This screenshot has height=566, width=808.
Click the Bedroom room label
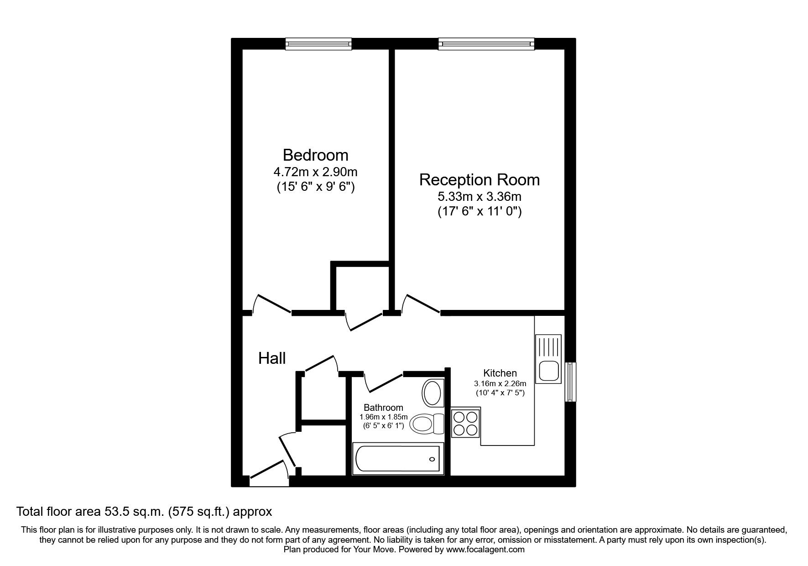[315, 155]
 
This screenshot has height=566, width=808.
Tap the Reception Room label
[479, 180]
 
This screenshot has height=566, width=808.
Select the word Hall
[272, 358]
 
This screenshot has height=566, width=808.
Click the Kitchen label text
[500, 373]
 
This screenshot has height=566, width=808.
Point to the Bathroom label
[383, 408]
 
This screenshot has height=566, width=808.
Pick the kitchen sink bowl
[548, 370]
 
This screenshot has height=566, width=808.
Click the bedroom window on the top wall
[319, 44]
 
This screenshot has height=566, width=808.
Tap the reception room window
[486, 44]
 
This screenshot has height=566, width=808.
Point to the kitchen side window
[570, 382]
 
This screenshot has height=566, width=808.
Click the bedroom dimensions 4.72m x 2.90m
[315, 172]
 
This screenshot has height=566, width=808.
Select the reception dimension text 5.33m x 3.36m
[479, 197]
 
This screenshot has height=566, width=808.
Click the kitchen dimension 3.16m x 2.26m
[500, 383]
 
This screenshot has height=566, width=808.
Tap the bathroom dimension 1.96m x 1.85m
[383, 417]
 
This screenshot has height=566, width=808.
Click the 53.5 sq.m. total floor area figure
[131, 512]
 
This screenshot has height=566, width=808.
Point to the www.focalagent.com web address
[485, 550]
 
